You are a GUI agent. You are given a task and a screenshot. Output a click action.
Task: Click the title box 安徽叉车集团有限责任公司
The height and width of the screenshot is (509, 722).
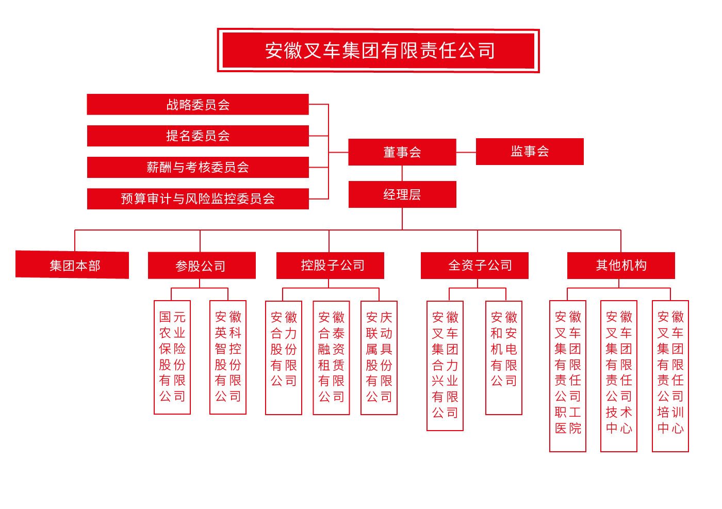point(378,51)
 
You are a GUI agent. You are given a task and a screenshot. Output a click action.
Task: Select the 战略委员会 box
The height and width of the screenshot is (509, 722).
point(198,105)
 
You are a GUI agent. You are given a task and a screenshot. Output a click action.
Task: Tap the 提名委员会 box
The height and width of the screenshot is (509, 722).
point(198,136)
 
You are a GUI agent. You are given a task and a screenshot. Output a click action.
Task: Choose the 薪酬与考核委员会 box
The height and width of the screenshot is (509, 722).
point(198,167)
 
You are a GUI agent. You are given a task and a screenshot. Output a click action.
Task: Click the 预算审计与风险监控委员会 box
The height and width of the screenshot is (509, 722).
point(198,199)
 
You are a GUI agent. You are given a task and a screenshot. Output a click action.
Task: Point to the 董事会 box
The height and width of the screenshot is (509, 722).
point(402,152)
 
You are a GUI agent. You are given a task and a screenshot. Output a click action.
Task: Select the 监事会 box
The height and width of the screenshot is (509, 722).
point(530,152)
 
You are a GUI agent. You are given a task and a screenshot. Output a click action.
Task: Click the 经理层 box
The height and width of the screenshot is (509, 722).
point(402,194)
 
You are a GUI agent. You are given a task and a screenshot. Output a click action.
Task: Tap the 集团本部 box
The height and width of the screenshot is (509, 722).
point(72,265)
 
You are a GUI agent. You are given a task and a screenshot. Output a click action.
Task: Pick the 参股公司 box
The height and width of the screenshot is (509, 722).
point(202,265)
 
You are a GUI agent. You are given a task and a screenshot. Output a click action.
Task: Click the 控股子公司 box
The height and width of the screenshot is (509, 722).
point(330,265)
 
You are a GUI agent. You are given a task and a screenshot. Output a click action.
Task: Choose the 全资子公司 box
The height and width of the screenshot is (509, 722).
point(474,265)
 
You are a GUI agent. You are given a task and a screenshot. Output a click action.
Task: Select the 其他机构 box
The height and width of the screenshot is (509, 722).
point(621,265)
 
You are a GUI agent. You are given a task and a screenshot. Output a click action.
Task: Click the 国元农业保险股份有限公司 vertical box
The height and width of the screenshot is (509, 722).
point(172,357)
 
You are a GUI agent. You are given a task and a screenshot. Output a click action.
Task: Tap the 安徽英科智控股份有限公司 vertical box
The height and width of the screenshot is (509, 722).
point(228,357)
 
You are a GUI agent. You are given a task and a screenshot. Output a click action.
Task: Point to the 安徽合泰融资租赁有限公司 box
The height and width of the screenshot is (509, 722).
point(331,358)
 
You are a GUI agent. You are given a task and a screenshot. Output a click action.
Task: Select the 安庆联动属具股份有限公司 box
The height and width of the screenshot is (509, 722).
point(379,358)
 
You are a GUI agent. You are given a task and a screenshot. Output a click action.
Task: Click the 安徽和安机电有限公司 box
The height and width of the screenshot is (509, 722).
point(504,358)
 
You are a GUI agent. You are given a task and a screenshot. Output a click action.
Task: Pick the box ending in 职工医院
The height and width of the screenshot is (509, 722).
point(568,376)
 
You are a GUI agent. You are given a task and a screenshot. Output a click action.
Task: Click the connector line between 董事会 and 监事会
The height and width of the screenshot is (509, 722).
point(466,152)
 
